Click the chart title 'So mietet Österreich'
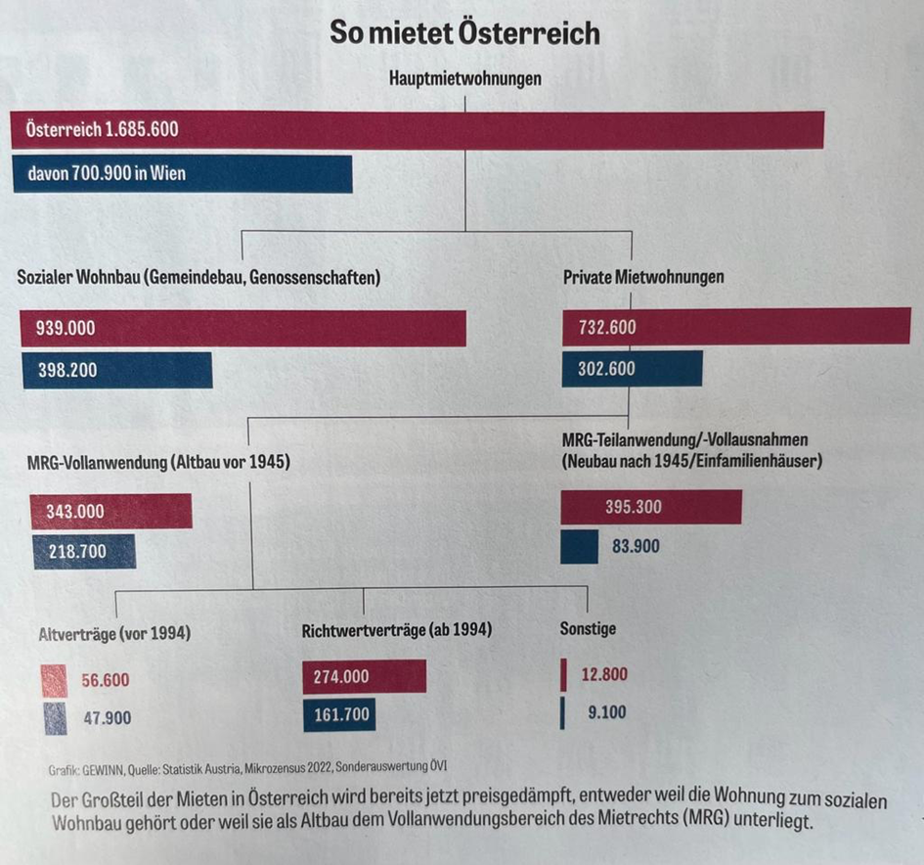(464, 34)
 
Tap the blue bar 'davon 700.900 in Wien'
(182, 174)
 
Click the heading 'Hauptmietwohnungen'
(465, 78)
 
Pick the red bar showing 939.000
(242, 329)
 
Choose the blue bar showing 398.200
(116, 371)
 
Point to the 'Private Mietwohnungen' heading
(643, 277)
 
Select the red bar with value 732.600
(735, 327)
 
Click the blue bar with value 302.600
(632, 369)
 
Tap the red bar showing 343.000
(110, 511)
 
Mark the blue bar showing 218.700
(83, 552)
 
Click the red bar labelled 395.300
(650, 507)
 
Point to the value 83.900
(636, 546)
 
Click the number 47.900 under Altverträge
(107, 718)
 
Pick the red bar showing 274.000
(364, 676)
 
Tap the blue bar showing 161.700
(338, 714)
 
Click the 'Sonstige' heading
(588, 628)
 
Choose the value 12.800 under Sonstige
(603, 674)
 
